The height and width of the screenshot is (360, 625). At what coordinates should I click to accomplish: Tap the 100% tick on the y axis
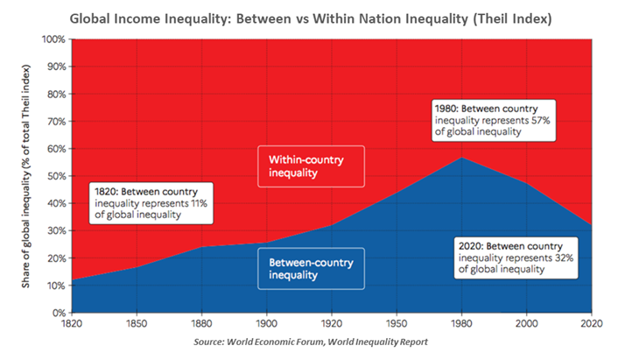tap(53, 39)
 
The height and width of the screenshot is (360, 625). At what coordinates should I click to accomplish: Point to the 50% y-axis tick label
tap(56, 176)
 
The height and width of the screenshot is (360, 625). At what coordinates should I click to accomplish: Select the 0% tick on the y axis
tap(59, 313)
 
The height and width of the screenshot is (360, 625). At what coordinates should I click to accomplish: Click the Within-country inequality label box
tap(311, 166)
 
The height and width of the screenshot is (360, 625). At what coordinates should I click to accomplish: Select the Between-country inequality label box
tap(311, 268)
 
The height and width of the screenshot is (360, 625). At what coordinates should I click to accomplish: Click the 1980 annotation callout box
tap(488, 120)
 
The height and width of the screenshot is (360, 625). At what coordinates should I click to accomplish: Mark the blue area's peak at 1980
tap(461, 158)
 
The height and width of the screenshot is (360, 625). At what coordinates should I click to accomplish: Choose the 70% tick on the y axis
tap(56, 122)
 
